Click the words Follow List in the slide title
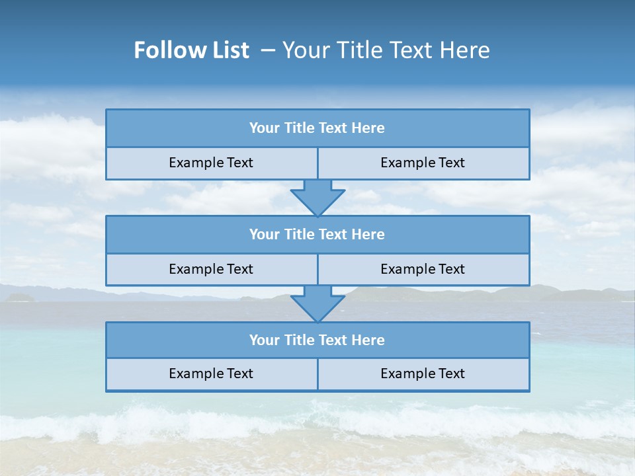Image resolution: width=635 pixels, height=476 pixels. click(192, 50)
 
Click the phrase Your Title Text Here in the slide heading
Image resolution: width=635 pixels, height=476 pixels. click(386, 50)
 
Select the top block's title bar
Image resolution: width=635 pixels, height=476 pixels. click(317, 128)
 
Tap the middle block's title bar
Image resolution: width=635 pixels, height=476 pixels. click(317, 234)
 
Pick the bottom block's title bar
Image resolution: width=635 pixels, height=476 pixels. click(317, 340)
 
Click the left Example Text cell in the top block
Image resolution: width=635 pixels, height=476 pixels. click(211, 163)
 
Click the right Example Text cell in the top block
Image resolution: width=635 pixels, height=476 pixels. click(423, 163)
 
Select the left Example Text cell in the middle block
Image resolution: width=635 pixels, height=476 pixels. click(211, 269)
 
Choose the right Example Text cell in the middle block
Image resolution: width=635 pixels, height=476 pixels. click(423, 269)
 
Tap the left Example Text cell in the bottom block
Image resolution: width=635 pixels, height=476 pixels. click(211, 374)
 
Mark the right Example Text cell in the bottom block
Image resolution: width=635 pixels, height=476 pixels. click(423, 374)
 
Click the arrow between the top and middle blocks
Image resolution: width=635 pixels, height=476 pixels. click(317, 197)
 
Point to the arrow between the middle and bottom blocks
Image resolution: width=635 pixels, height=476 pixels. click(317, 303)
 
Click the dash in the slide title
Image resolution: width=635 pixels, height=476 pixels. click(269, 50)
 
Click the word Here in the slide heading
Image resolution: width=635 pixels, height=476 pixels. click(466, 50)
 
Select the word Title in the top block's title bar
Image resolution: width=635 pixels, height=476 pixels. click(298, 128)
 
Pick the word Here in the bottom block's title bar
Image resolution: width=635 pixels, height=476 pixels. click(368, 340)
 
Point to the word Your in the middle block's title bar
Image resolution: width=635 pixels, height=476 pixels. click(264, 234)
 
